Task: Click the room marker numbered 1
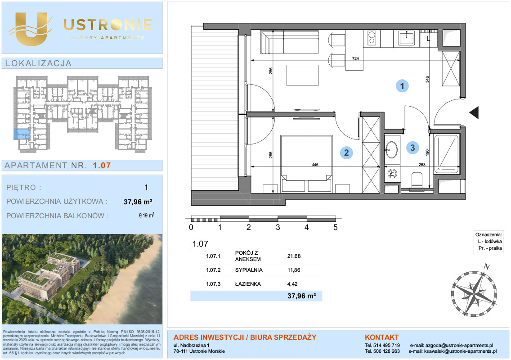click(x=402, y=86)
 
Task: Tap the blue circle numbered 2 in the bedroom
click(x=346, y=152)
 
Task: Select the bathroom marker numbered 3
click(x=412, y=148)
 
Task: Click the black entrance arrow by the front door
click(x=474, y=112)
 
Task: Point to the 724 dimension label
click(x=355, y=58)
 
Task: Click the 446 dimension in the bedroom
click(x=315, y=165)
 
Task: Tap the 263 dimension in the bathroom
click(x=421, y=165)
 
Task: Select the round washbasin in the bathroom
click(x=391, y=150)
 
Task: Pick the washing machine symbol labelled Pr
click(x=392, y=174)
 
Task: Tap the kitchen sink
click(x=406, y=38)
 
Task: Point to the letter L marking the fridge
click(x=428, y=39)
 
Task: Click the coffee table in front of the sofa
click(x=303, y=75)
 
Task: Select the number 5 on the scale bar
click(x=336, y=227)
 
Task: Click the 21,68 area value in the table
click(x=294, y=256)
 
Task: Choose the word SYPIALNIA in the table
click(x=249, y=270)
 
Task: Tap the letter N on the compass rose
click(x=487, y=267)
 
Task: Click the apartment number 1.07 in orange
click(x=102, y=165)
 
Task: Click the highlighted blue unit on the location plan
click(x=22, y=134)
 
